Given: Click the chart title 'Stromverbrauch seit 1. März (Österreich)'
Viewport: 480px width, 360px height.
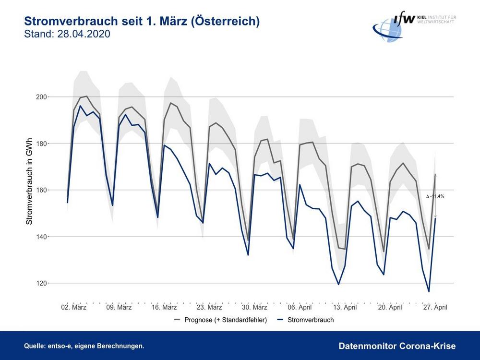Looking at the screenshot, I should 142,22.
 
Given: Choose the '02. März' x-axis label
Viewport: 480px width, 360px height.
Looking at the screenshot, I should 73,307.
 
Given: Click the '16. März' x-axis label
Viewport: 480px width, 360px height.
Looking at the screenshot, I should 164,307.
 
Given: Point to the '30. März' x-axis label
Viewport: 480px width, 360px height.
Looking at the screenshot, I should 254,307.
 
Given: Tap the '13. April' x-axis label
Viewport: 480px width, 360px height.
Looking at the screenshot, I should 344,307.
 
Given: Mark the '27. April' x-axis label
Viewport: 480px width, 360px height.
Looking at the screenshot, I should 434,307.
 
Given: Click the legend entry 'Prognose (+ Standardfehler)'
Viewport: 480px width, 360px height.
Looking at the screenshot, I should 225,320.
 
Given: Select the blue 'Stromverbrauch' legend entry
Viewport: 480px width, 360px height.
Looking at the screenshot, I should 310,320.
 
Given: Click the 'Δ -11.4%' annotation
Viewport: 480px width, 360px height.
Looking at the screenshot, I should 435,196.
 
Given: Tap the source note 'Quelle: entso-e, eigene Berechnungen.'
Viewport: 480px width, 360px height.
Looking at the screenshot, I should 84,346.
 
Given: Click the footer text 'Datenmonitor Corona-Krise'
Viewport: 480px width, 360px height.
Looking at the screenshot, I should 397,346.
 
